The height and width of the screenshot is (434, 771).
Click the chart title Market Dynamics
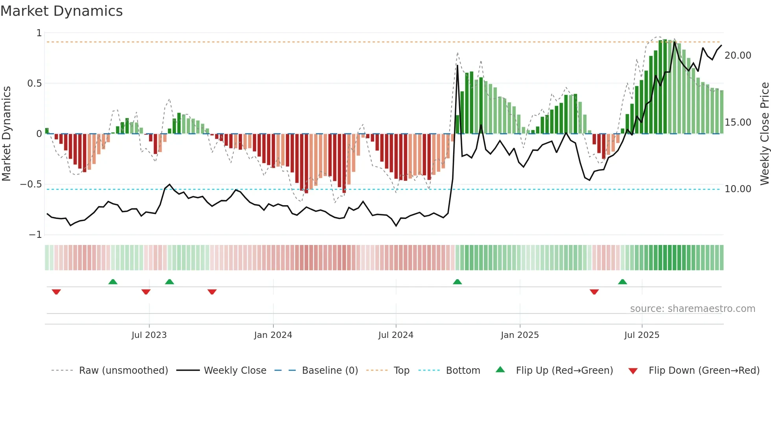point(61,11)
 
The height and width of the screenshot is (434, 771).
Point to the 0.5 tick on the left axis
point(34,83)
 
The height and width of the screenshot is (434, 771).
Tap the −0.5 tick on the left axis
point(31,184)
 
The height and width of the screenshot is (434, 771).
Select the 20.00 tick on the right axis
point(738,56)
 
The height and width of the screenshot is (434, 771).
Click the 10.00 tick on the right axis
point(738,189)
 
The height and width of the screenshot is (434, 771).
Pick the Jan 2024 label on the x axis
point(273,335)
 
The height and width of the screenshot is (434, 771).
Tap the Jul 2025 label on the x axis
point(642,335)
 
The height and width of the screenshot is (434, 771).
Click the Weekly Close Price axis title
point(764,134)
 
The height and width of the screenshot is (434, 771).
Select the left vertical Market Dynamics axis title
point(6,134)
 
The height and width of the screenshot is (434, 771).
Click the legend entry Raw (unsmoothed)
point(123,371)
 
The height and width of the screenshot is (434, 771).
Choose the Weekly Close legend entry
point(235,371)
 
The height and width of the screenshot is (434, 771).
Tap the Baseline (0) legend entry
point(330,371)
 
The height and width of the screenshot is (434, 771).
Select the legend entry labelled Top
point(401,371)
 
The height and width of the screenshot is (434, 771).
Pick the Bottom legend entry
point(463,371)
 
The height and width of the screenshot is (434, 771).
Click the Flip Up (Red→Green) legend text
point(564,371)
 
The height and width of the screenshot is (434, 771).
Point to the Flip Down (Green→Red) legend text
point(704,371)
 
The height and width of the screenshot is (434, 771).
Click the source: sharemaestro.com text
point(692,309)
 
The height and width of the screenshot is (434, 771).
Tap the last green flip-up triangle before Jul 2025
point(622,282)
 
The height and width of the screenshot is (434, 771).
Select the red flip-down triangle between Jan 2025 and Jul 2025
point(594,292)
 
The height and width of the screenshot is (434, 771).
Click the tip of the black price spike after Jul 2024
point(457,66)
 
